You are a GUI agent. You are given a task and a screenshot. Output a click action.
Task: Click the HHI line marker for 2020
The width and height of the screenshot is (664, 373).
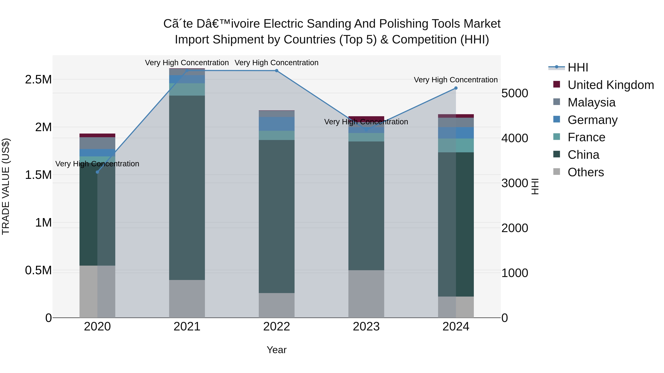97,172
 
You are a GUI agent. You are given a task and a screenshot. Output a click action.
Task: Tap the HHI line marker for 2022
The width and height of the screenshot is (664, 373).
277,71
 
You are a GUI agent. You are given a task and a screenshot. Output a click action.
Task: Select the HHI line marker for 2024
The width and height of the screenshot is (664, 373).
456,88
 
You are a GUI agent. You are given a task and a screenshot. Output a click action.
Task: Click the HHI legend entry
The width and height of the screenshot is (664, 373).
578,67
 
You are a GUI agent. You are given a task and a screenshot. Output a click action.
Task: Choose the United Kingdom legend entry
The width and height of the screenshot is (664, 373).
610,85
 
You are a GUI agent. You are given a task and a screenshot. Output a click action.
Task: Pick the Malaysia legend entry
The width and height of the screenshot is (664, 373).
591,102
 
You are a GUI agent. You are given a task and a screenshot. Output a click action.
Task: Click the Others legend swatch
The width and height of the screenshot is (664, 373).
556,171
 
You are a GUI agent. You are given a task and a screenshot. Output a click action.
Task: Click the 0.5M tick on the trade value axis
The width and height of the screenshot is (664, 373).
38,270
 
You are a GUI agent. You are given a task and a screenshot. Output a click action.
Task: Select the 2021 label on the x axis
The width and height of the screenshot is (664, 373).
187,327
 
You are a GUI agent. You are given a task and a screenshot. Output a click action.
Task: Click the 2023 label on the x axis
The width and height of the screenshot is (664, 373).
366,327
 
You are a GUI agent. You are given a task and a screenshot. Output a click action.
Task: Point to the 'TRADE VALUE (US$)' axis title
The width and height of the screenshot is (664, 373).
6,186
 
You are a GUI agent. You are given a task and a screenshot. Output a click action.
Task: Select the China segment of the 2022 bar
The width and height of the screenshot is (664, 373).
277,216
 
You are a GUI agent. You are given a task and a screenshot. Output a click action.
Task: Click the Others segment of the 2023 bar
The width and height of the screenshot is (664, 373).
366,293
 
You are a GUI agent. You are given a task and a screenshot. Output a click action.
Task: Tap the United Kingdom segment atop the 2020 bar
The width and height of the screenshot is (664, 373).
97,135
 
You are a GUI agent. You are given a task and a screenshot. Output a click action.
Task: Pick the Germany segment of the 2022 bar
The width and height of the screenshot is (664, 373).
277,124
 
